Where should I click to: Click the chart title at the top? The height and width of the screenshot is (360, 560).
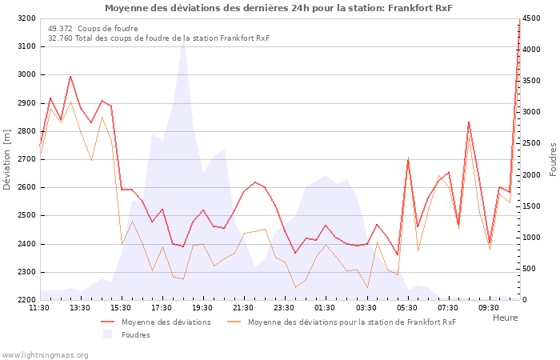coord(278,8)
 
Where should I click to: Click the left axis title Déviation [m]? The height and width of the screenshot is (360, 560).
coord(7,159)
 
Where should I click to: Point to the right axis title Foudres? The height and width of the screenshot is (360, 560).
coord(552,159)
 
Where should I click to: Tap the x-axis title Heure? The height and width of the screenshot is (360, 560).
coord(505,318)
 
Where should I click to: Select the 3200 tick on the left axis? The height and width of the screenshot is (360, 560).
coord(26,18)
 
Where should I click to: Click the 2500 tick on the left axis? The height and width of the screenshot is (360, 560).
coord(26,216)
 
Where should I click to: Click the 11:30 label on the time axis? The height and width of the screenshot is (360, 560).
coord(39,307)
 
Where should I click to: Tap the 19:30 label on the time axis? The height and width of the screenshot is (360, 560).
coord(202,307)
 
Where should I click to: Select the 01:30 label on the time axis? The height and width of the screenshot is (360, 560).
coord(325,307)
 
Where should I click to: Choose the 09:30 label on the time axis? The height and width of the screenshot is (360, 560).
coord(488,307)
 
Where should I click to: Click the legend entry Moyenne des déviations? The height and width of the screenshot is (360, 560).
coord(166,322)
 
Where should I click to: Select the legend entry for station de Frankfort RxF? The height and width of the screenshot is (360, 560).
coord(351,322)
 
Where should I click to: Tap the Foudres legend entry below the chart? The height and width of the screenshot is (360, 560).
coord(135,335)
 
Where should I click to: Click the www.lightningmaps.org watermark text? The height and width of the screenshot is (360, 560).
coord(45,354)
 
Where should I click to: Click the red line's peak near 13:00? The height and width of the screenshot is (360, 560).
coord(70,77)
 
